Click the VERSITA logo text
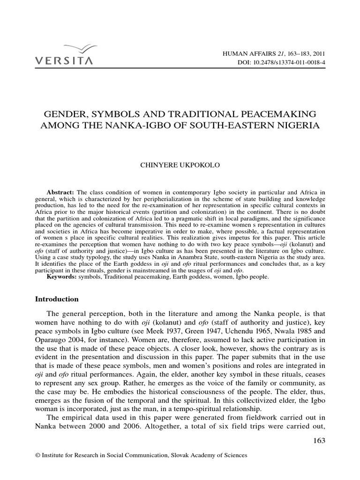pyautogui.click(x=64, y=60)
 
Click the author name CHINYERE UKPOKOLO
pyautogui.click(x=180, y=165)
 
